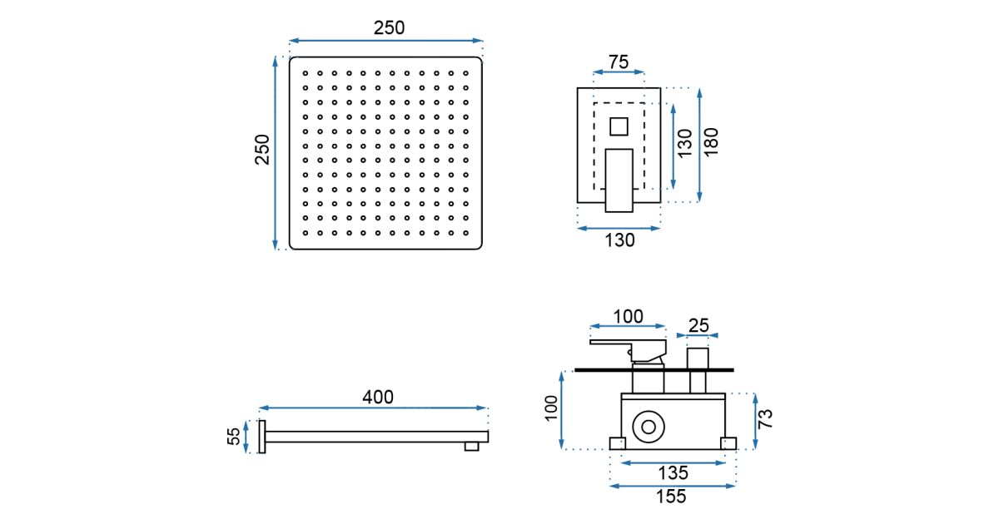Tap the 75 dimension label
click(618, 62)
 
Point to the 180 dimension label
click(711, 144)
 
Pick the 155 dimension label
click(671, 497)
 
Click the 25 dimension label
click(698, 325)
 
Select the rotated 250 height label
click(263, 150)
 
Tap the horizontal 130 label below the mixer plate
click(619, 240)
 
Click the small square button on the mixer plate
click(619, 127)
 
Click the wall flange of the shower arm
click(262, 437)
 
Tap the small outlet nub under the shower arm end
click(472, 447)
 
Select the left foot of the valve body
click(618, 444)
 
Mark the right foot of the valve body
click(728, 444)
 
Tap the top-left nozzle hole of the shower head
click(306, 72)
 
